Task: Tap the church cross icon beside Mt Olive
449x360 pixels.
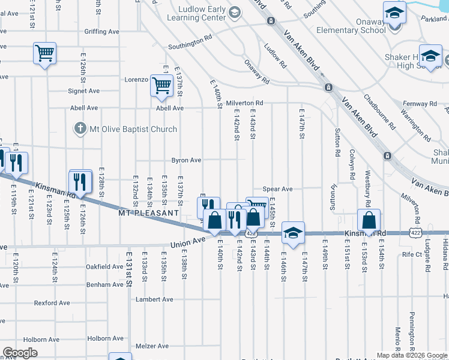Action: point(80,128)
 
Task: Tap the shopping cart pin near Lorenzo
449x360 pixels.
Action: point(161,85)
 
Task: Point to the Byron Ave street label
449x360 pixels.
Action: point(186,161)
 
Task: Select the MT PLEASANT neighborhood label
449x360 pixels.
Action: point(148,213)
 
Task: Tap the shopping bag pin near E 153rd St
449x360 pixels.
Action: point(369,220)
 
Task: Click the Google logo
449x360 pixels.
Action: point(20,353)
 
